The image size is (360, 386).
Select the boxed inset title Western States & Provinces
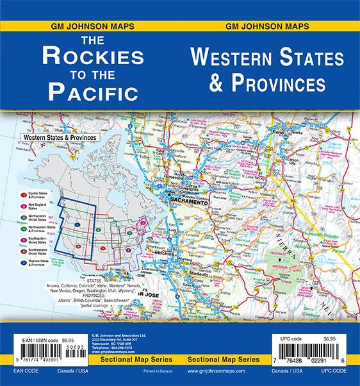tap(58, 138)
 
